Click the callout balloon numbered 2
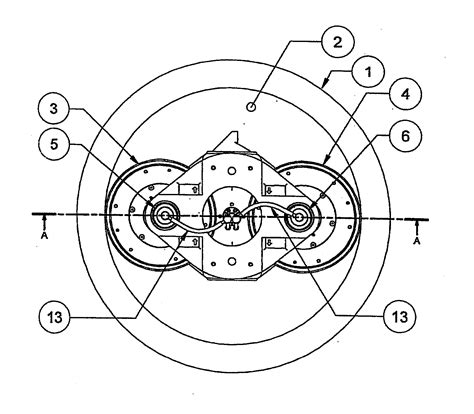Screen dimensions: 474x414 pyautogui.click(x=337, y=42)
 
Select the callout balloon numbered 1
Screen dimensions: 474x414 pyautogui.click(x=368, y=72)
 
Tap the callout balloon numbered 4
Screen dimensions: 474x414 pyautogui.click(x=405, y=95)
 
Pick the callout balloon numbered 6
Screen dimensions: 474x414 pyautogui.click(x=405, y=136)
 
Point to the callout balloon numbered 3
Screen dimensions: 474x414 pyautogui.click(x=54, y=109)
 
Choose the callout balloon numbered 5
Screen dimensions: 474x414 pyautogui.click(x=54, y=144)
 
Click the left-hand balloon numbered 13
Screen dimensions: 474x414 pyautogui.click(x=55, y=318)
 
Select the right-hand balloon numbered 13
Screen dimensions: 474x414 pyautogui.click(x=400, y=317)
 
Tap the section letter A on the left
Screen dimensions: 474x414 pyautogui.click(x=44, y=236)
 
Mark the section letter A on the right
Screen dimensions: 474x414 pyautogui.click(x=416, y=241)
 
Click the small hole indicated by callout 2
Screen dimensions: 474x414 pyautogui.click(x=251, y=107)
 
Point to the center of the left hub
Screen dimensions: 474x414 pyautogui.click(x=165, y=216)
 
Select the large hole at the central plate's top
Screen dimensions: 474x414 pyautogui.click(x=232, y=171)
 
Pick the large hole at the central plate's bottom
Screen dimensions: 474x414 pyautogui.click(x=232, y=261)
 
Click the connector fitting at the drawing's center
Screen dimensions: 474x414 pyautogui.click(x=232, y=217)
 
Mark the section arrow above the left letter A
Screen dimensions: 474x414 pyautogui.click(x=44, y=223)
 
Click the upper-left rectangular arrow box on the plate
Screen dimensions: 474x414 pyautogui.click(x=189, y=189)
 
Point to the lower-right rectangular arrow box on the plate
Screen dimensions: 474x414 pyautogui.click(x=275, y=243)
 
